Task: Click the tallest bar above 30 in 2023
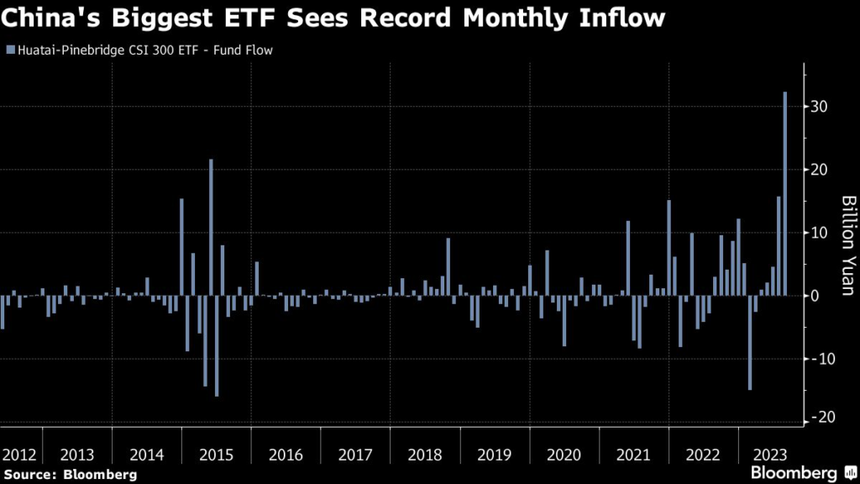point(785,193)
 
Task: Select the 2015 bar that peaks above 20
point(211,227)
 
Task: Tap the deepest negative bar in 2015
point(217,345)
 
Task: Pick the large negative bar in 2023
point(750,342)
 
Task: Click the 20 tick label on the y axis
point(819,170)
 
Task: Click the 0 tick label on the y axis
point(814,296)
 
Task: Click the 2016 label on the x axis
point(286,455)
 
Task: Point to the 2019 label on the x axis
point(494,455)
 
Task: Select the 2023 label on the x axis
point(769,455)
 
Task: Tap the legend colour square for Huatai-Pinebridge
point(9,50)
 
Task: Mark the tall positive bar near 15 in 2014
point(181,247)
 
